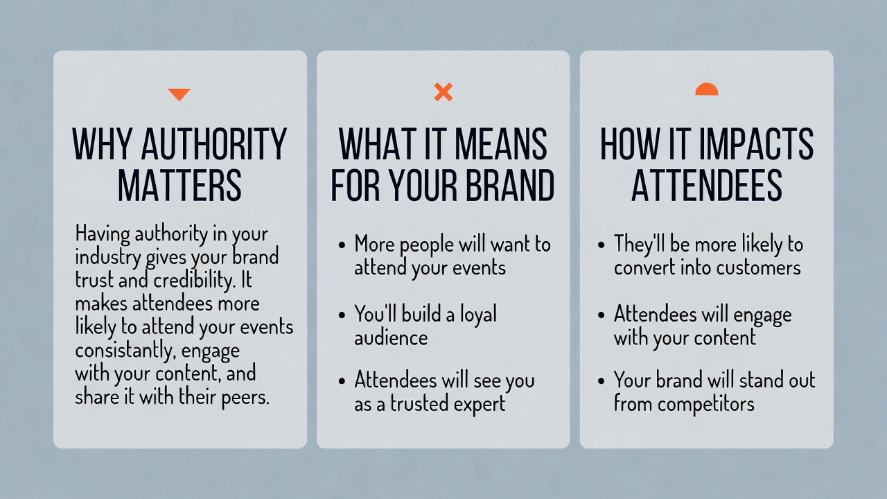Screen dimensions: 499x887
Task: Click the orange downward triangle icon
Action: [x=179, y=94]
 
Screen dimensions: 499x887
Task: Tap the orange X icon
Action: [x=443, y=91]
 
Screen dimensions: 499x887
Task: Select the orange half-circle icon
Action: [x=706, y=89]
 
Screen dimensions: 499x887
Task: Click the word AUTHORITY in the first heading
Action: [x=213, y=145]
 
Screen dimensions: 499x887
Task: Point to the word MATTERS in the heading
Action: [x=179, y=185]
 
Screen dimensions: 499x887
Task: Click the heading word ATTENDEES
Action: [x=706, y=185]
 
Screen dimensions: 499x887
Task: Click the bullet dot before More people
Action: [x=342, y=245]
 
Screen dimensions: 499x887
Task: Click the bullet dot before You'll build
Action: [x=342, y=315]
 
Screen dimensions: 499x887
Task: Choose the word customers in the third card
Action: [x=760, y=268]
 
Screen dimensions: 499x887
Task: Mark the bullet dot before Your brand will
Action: [x=601, y=381]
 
